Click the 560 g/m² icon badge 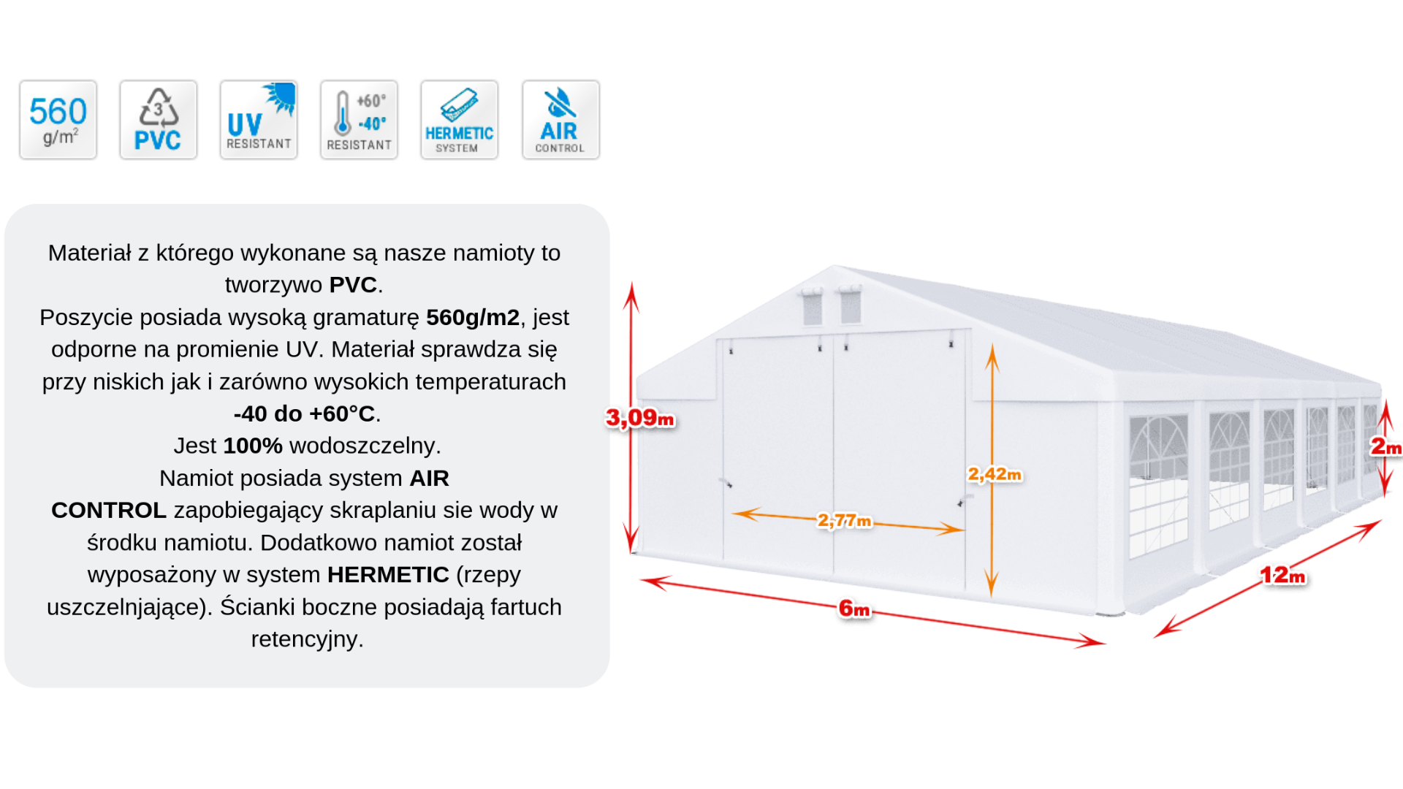click(x=58, y=120)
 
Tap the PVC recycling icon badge click(x=159, y=120)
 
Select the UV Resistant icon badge click(x=259, y=120)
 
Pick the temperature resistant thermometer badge click(x=359, y=120)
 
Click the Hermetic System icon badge click(x=459, y=120)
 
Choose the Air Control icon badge click(x=560, y=120)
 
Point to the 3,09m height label click(x=640, y=418)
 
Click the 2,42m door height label click(x=995, y=474)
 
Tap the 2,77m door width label click(x=845, y=520)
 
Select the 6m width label click(x=854, y=608)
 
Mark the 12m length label click(x=1282, y=575)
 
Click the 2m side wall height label click(x=1385, y=446)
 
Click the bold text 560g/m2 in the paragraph click(x=473, y=317)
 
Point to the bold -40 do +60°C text click(x=304, y=413)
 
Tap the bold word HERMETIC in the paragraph click(x=388, y=574)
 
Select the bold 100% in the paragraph click(x=253, y=446)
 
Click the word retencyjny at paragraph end click(x=307, y=639)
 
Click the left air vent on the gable click(x=812, y=307)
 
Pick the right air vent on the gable click(x=851, y=305)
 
